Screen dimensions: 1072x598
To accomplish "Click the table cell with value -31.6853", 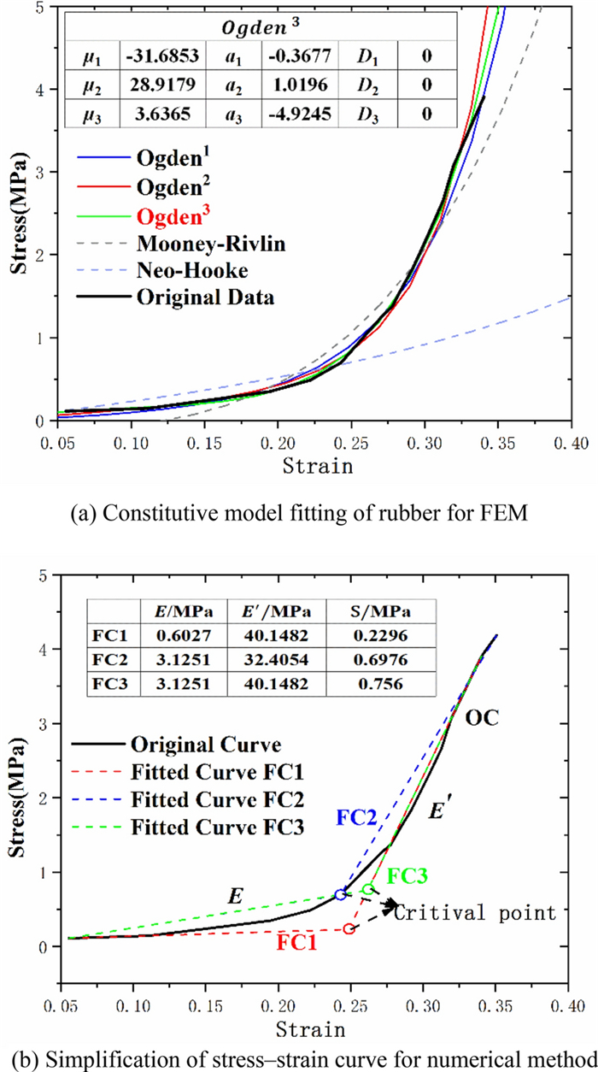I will click(161, 57).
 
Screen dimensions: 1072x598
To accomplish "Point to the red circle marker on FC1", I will click(349, 928).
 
